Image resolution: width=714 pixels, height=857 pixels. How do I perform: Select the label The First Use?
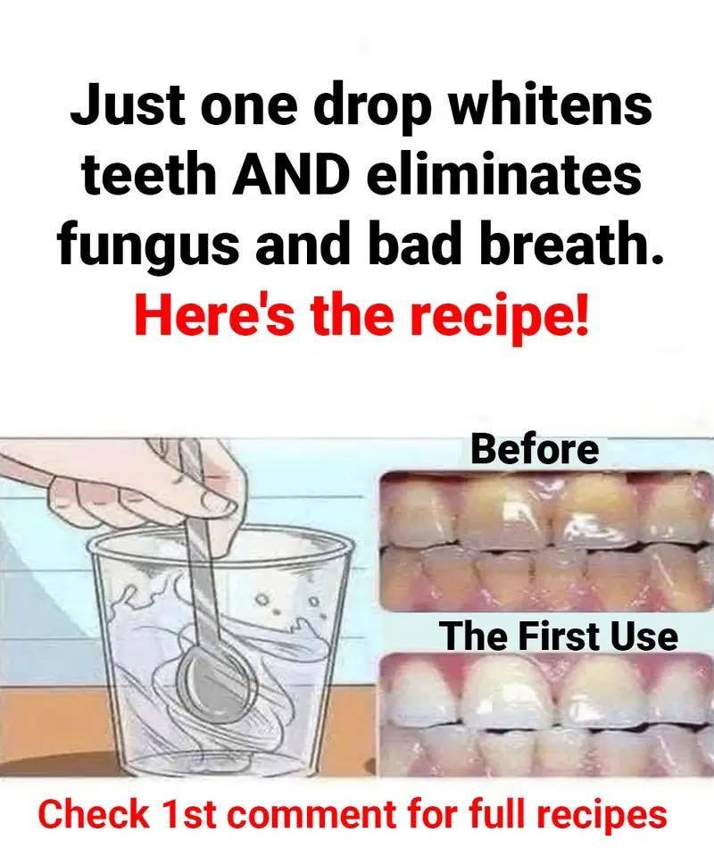tap(560, 637)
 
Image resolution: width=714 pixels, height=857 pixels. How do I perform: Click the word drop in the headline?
tap(374, 109)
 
